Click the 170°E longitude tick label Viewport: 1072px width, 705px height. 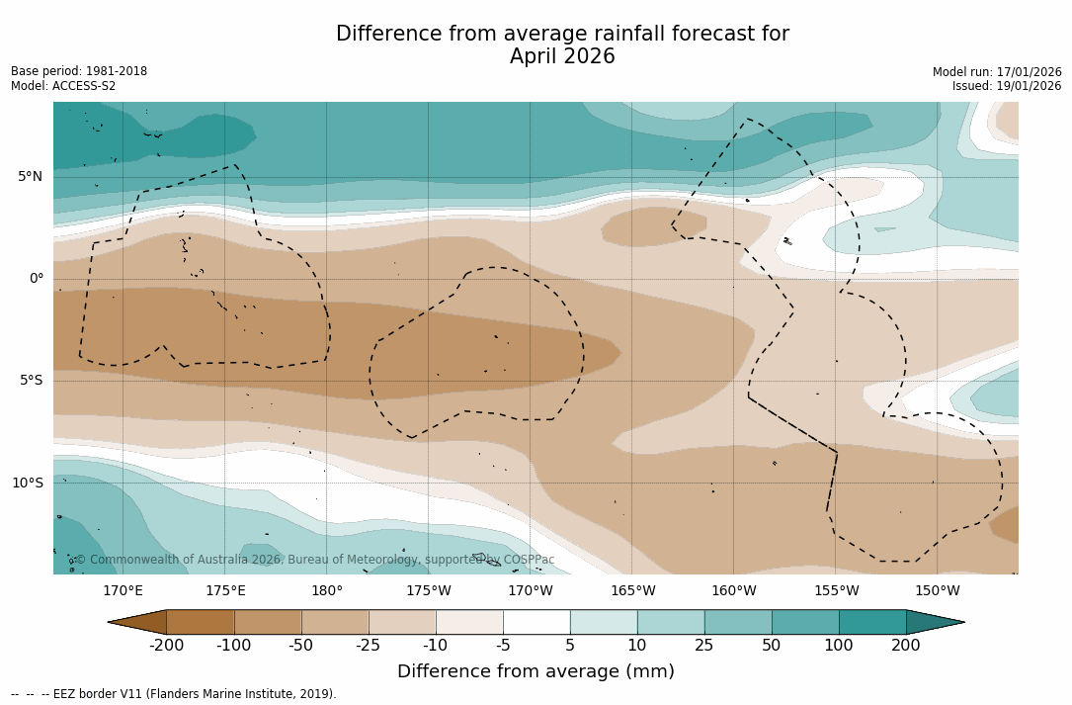pyautogui.click(x=124, y=591)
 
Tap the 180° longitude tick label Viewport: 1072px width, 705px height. pyautogui.click(x=327, y=591)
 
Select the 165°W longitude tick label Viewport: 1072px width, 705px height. pyautogui.click(x=632, y=591)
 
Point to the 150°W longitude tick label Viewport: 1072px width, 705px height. pyautogui.click(x=938, y=591)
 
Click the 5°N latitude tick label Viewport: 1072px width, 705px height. pyautogui.click(x=30, y=177)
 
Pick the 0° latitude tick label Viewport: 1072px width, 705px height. pyautogui.click(x=37, y=279)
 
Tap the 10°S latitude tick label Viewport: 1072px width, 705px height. pyautogui.click(x=27, y=484)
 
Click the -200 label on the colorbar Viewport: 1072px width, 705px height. pyautogui.click(x=167, y=646)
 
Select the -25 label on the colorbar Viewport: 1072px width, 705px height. pyautogui.click(x=369, y=646)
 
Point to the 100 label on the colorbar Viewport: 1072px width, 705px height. pyautogui.click(x=839, y=646)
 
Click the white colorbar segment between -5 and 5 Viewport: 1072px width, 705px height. pyautogui.click(x=536, y=622)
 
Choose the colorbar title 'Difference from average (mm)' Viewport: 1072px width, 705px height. pyautogui.click(x=536, y=672)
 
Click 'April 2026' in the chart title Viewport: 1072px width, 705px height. pyautogui.click(x=562, y=57)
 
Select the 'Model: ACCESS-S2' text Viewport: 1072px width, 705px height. pyautogui.click(x=63, y=86)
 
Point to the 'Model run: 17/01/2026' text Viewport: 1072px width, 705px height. pyautogui.click(x=997, y=72)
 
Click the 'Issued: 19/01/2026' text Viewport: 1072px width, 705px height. pyautogui.click(x=1007, y=86)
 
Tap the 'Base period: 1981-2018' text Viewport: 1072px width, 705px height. pyautogui.click(x=79, y=71)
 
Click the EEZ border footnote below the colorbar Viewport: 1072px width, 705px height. pyautogui.click(x=174, y=694)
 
